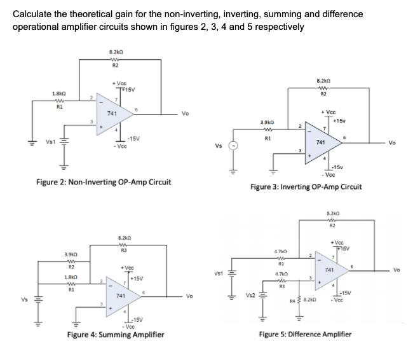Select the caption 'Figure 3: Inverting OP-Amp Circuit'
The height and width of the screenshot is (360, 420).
[306, 187]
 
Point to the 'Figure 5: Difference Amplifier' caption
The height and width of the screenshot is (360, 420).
[308, 334]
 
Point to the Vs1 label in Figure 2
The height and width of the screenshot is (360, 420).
[46, 143]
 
